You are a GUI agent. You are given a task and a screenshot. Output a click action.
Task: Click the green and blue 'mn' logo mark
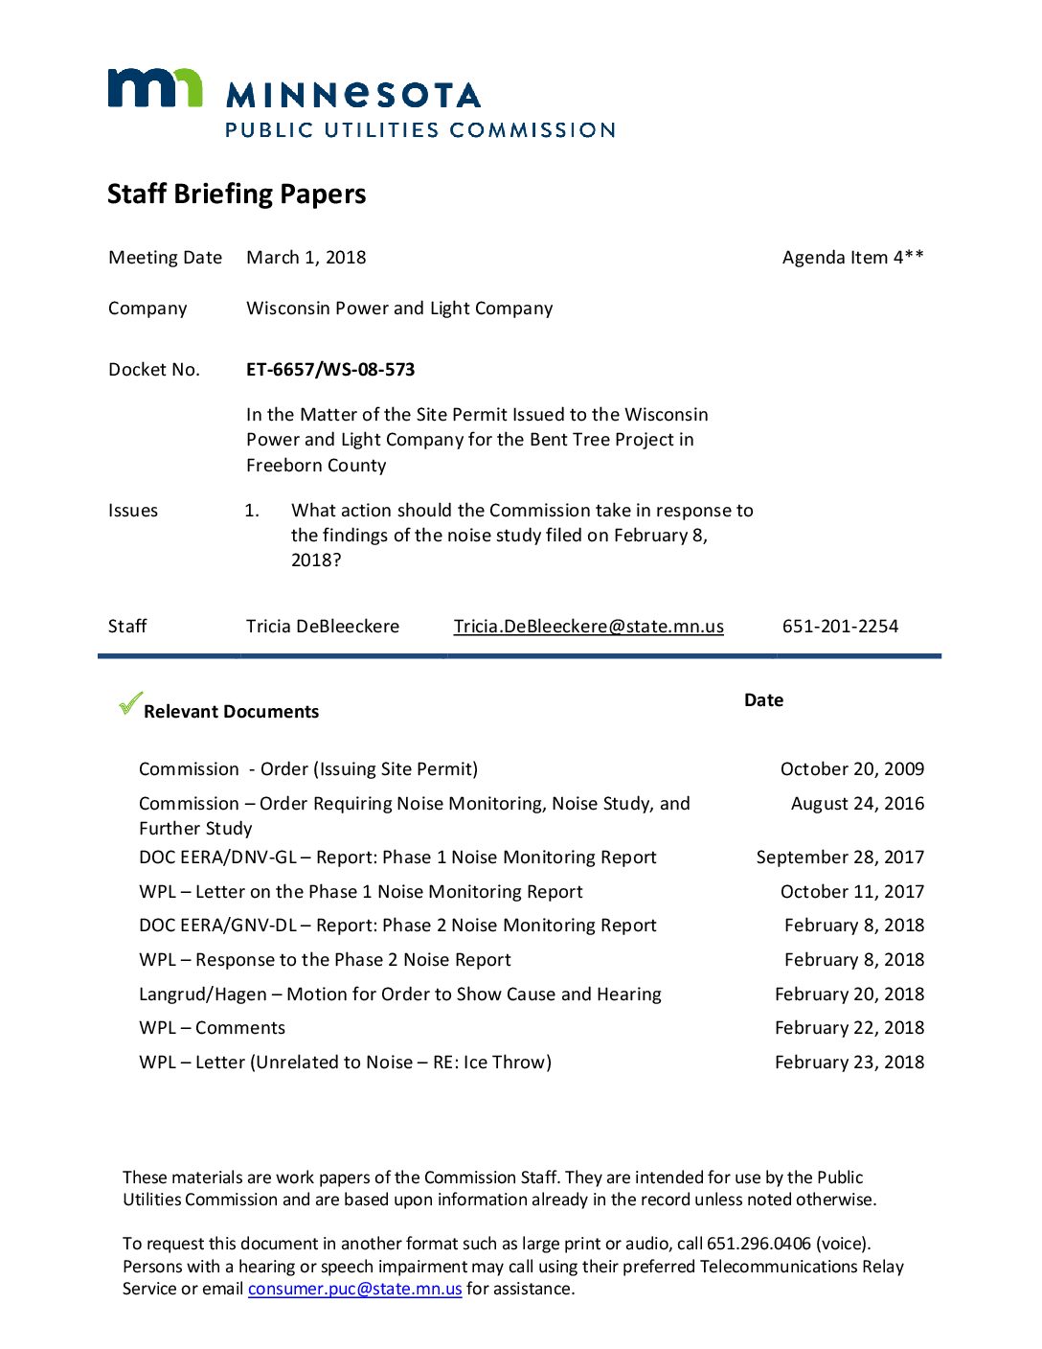tap(154, 88)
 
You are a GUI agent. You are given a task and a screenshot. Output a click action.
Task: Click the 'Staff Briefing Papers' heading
tap(237, 194)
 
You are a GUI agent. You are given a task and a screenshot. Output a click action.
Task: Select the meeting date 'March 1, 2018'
tap(306, 258)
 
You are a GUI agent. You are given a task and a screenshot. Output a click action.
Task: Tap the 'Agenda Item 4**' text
tap(852, 258)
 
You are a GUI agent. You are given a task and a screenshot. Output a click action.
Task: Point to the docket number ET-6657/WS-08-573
tap(330, 370)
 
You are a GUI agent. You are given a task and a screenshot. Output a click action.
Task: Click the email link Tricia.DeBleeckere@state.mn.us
tap(588, 627)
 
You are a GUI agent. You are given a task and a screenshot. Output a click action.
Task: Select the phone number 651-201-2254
tap(840, 627)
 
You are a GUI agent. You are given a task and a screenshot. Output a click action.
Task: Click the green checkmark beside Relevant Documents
tap(130, 704)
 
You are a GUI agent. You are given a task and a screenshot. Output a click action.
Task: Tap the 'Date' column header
tap(763, 700)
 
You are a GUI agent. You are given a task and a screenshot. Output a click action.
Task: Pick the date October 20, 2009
tap(851, 769)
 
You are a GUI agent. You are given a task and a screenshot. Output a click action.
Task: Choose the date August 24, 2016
tap(857, 804)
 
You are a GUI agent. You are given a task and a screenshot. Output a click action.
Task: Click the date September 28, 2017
tap(840, 857)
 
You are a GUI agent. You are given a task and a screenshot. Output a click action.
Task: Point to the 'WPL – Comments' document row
tap(212, 1028)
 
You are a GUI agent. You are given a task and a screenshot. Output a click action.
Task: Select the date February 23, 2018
tap(849, 1063)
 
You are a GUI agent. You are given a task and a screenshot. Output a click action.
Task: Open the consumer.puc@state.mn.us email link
tap(354, 1290)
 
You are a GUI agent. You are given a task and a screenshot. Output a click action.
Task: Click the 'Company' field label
tap(147, 309)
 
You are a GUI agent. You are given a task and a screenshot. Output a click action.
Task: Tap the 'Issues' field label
tap(133, 511)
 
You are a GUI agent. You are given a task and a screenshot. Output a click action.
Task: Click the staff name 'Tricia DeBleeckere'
tap(322, 627)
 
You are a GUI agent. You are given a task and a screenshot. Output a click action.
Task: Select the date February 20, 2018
tap(849, 995)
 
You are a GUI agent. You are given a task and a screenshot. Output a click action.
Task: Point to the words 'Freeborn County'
tap(316, 466)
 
